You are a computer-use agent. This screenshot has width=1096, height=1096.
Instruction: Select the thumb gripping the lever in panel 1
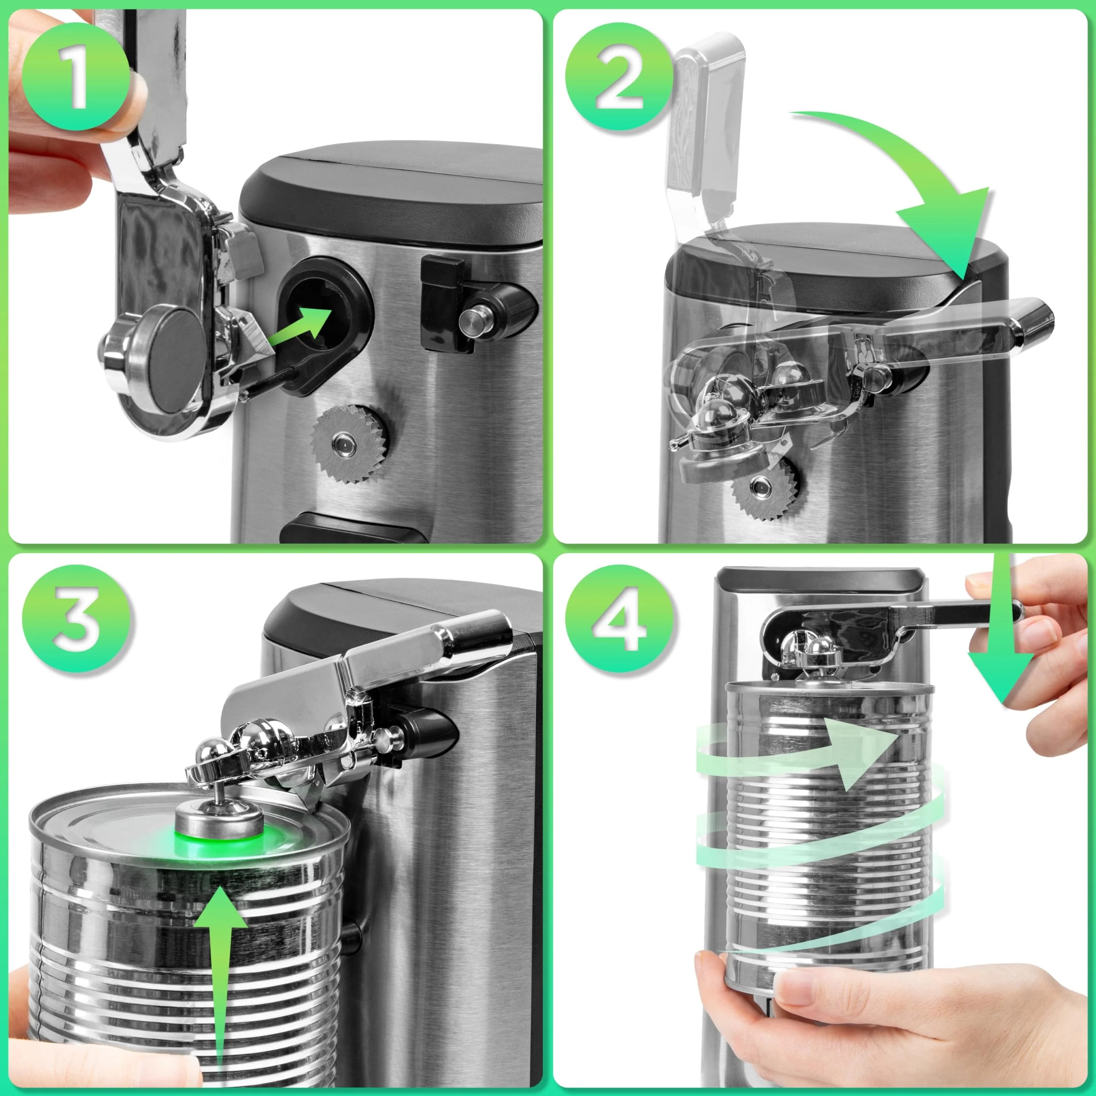[122, 102]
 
